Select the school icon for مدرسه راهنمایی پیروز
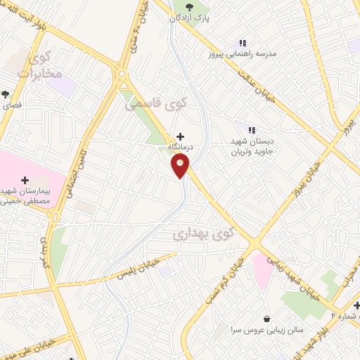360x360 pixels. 243,43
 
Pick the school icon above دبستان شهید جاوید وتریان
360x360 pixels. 252,129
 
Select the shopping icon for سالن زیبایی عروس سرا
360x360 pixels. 266,319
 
